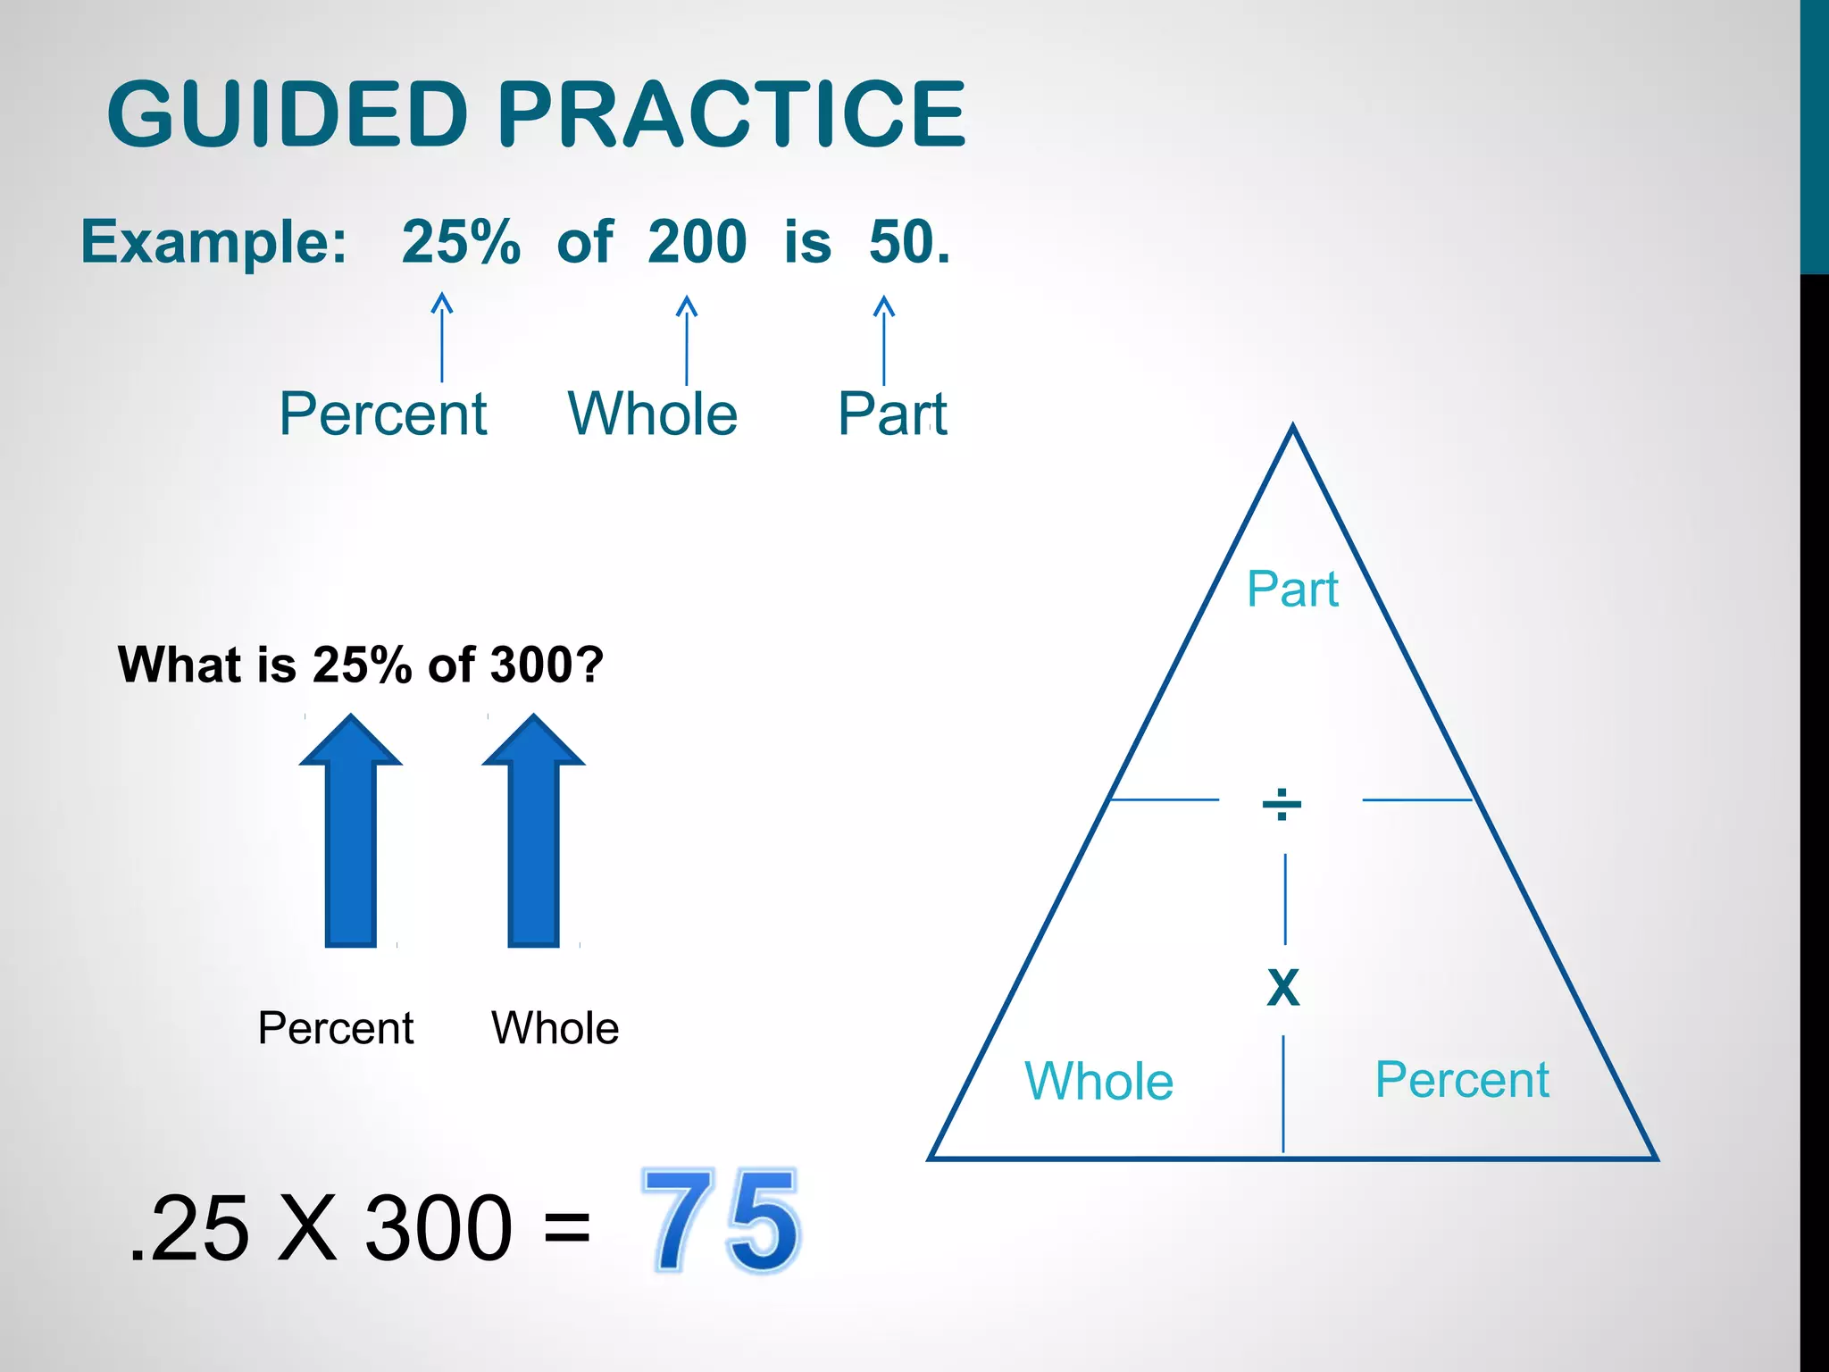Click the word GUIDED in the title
pyautogui.click(x=288, y=114)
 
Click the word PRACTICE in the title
pyautogui.click(x=731, y=114)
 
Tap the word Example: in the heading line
pyautogui.click(x=214, y=242)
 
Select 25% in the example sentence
pyautogui.click(x=461, y=242)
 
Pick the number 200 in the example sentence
pyautogui.click(x=697, y=242)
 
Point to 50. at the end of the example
pyautogui.click(x=909, y=242)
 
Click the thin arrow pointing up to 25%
pyautogui.click(x=442, y=338)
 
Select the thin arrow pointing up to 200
pyautogui.click(x=686, y=339)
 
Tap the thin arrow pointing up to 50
pyautogui.click(x=883, y=339)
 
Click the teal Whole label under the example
pyautogui.click(x=653, y=414)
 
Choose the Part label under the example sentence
pyautogui.click(x=892, y=414)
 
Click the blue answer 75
pyautogui.click(x=722, y=1220)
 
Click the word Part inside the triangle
pyautogui.click(x=1292, y=590)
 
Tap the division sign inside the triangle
pyautogui.click(x=1282, y=803)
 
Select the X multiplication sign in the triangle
pyautogui.click(x=1283, y=988)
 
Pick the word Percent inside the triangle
pyautogui.click(x=1462, y=1079)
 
